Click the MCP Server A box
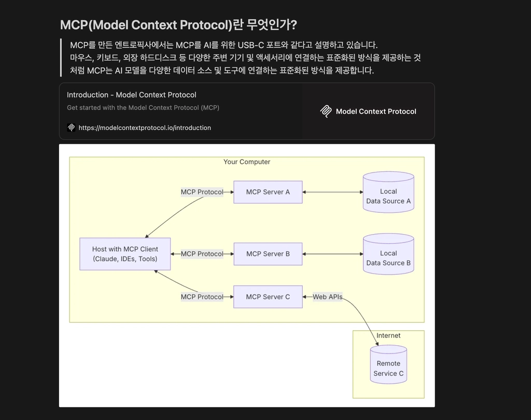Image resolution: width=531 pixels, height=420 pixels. click(268, 192)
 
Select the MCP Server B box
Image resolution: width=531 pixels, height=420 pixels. click(268, 254)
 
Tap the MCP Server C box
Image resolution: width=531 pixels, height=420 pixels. click(268, 296)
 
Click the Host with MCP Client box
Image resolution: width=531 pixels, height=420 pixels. click(125, 254)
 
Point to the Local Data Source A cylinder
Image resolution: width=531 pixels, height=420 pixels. click(388, 192)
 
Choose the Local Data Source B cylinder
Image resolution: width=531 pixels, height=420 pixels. click(388, 254)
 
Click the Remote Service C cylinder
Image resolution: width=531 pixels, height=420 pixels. click(388, 364)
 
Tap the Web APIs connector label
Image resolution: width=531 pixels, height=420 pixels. click(328, 296)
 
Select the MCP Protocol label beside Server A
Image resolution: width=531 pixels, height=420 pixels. click(202, 192)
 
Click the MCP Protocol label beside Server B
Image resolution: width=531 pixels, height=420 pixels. click(202, 254)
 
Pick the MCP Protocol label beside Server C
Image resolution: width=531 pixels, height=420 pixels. click(202, 296)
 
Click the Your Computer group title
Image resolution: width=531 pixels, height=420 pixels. click(247, 161)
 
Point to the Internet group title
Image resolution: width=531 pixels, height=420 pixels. click(388, 335)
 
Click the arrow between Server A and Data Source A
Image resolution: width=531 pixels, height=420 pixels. click(332, 192)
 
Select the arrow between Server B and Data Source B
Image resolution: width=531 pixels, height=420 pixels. click(332, 254)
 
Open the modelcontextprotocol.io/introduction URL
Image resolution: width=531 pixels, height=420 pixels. click(145, 128)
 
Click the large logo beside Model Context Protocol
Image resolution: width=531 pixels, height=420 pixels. click(326, 111)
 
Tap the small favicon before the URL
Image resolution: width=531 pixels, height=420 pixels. click(71, 128)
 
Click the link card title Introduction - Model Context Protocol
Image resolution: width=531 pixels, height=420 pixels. click(131, 95)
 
